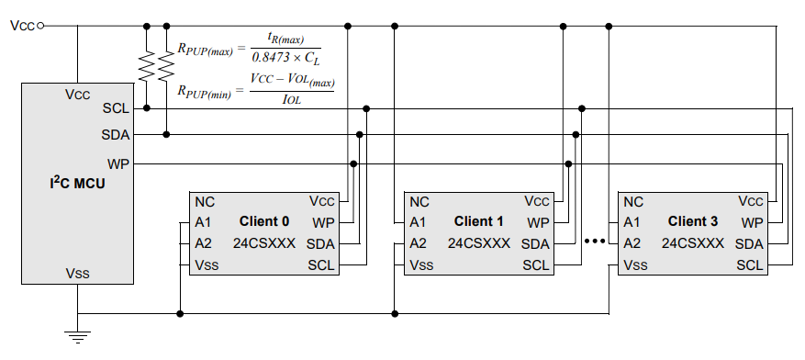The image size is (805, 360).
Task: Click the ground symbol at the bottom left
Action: coord(77,336)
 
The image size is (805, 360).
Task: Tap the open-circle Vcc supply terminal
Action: coord(39,26)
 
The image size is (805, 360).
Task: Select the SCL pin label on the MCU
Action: coord(116,108)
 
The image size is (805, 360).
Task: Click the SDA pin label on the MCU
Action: coord(115,135)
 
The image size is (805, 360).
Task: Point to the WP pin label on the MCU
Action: coord(117,163)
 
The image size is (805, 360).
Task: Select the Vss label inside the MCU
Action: coord(77,274)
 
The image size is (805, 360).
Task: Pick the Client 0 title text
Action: coord(264,221)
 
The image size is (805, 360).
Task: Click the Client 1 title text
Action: coord(479,221)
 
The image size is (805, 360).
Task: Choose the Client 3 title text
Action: coord(693,221)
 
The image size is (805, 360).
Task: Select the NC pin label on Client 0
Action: coord(205,201)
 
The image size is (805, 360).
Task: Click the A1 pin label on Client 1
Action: coord(419,222)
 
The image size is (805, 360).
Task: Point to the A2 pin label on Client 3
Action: coord(632,243)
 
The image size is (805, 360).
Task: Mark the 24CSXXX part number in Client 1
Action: coord(479,243)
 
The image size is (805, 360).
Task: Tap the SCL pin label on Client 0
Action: coord(321,265)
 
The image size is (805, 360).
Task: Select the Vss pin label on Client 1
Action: coord(421,265)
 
